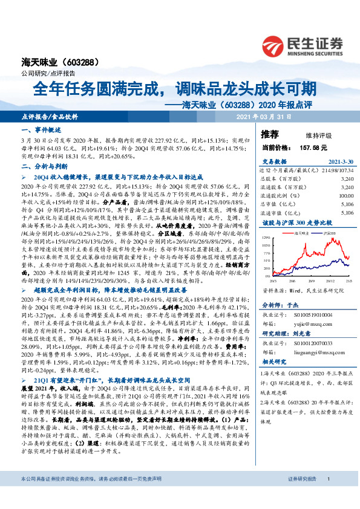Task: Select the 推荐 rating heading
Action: click(270, 134)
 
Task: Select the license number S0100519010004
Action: click(310, 315)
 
